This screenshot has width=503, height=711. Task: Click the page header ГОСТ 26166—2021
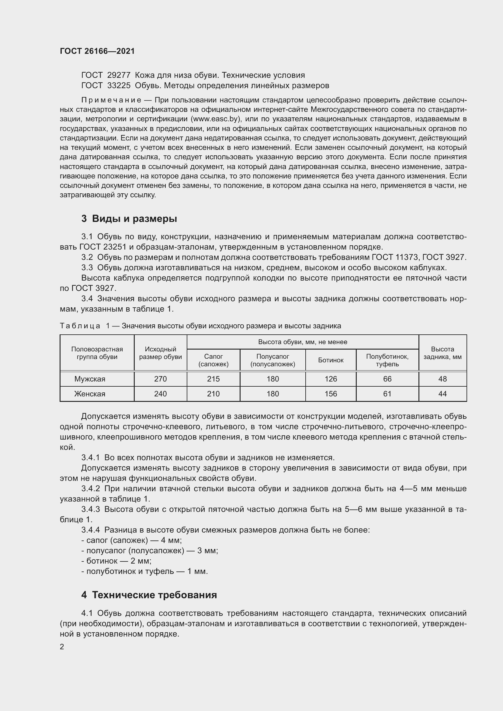coord(97,51)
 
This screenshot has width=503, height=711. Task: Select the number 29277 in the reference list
coord(119,75)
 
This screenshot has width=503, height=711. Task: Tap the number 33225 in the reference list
coord(119,85)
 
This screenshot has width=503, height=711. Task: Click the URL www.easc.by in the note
coord(216,119)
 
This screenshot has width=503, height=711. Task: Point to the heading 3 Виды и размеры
coord(129,219)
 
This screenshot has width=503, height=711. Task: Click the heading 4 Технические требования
coord(149,595)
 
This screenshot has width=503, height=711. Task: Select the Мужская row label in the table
coord(90,379)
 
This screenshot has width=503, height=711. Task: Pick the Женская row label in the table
coord(90,394)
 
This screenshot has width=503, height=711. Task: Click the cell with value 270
coord(161,379)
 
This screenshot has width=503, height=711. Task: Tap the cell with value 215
coord(213,379)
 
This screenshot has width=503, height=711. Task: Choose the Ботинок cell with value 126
coord(331,379)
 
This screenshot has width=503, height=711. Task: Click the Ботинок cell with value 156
coord(331,394)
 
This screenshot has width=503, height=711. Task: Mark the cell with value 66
coord(387,379)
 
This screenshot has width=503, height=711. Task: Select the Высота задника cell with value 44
coord(442,394)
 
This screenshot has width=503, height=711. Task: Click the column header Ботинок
coord(331,360)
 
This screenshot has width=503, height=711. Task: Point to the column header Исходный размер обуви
coord(161,353)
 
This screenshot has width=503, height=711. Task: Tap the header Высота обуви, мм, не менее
coord(303,342)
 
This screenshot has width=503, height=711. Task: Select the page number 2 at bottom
coord(62,647)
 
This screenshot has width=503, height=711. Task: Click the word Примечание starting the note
coord(111,100)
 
